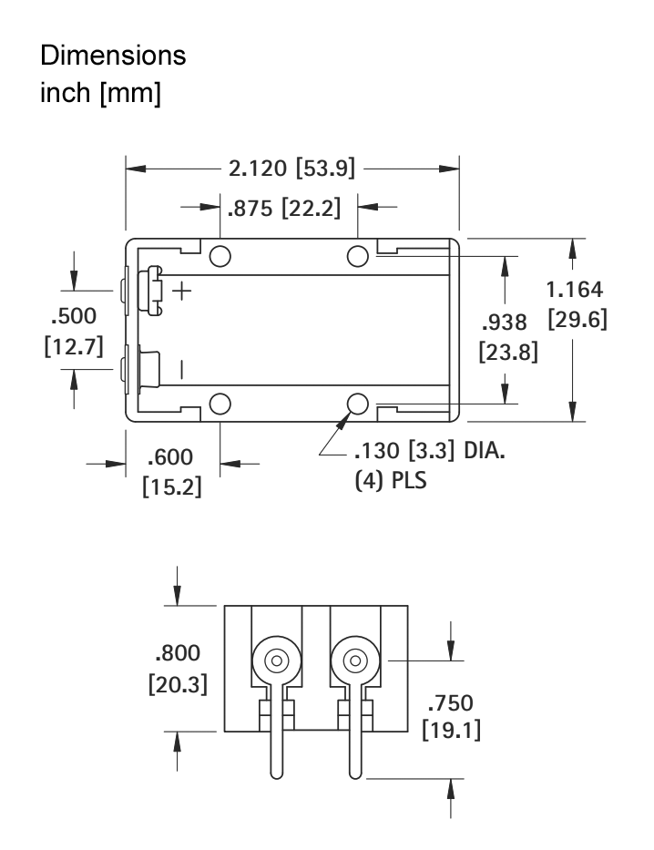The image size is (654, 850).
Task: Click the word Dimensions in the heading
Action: [x=113, y=56]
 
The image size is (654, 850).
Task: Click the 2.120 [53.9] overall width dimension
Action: [x=291, y=169]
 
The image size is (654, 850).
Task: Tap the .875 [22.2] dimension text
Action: [x=282, y=208]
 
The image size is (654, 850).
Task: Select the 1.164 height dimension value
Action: [x=574, y=290]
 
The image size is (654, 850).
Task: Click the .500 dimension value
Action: [x=73, y=315]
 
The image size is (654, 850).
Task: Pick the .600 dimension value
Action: [x=171, y=456]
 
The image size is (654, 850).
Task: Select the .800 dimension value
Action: [x=177, y=652]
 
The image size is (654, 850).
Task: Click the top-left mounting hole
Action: [x=220, y=254]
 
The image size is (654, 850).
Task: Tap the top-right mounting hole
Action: [x=358, y=254]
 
